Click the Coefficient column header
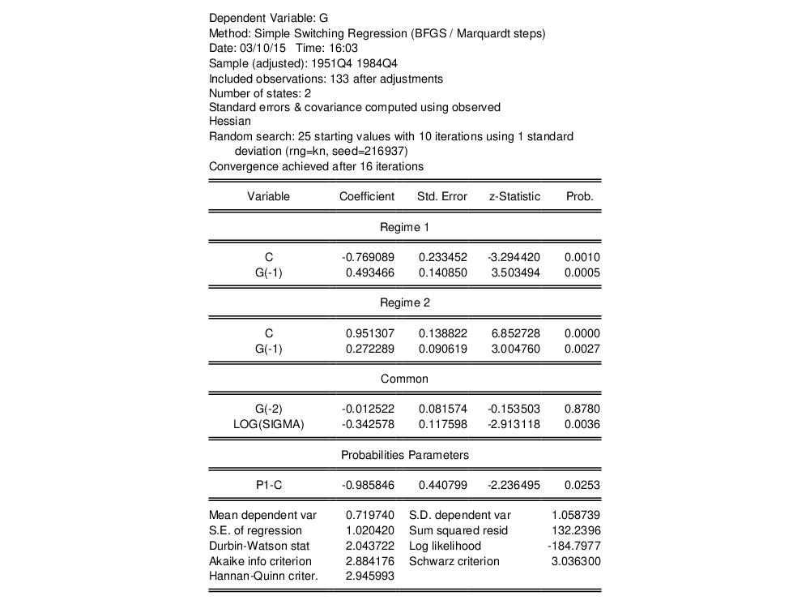coord(367,196)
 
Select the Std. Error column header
coord(441,196)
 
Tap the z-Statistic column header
coord(514,196)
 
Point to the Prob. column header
coord(580,196)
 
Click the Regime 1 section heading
coord(405,227)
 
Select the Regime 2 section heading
coord(405,302)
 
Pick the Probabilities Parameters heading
coord(405,455)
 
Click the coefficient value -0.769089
coord(368,257)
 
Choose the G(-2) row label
coord(269,409)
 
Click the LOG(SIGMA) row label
coord(269,424)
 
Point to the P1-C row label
coord(269,485)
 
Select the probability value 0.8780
coord(582,409)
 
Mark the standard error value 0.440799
coord(443,485)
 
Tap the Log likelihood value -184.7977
coord(574,546)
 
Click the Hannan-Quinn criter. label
coord(263,577)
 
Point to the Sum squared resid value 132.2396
coord(576,530)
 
